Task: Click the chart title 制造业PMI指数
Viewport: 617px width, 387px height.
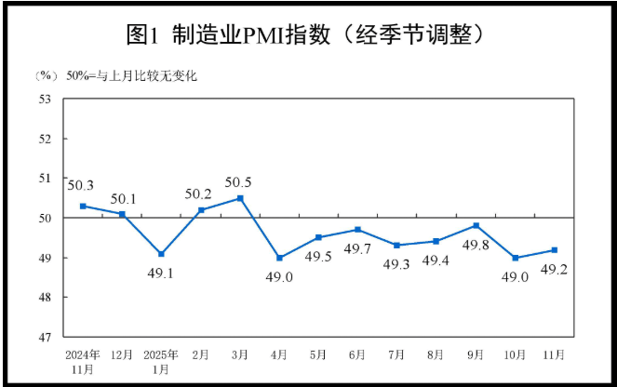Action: [308, 34]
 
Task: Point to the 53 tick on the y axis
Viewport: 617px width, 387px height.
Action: [44, 99]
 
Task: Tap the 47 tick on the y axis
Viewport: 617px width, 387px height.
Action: [44, 337]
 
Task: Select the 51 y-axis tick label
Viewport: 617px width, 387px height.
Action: [44, 178]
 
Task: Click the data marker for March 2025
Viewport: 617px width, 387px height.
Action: [240, 198]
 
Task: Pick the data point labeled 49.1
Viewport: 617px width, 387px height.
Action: [162, 253]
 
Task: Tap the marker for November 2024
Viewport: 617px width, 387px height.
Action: [83, 206]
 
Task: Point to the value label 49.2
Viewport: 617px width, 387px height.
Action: [554, 271]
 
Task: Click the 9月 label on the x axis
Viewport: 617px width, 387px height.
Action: [476, 354]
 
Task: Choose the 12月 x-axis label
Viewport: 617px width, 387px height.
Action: [122, 354]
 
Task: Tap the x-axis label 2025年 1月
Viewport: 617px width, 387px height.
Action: [162, 361]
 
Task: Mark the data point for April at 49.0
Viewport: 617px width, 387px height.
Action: [279, 258]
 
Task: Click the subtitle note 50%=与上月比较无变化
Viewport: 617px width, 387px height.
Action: [129, 75]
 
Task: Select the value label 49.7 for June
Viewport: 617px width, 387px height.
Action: [358, 247]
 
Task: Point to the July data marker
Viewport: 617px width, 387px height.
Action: [397, 245]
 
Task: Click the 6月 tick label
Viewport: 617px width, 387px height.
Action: [358, 354]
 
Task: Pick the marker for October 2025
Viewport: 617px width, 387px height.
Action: [515, 258]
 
